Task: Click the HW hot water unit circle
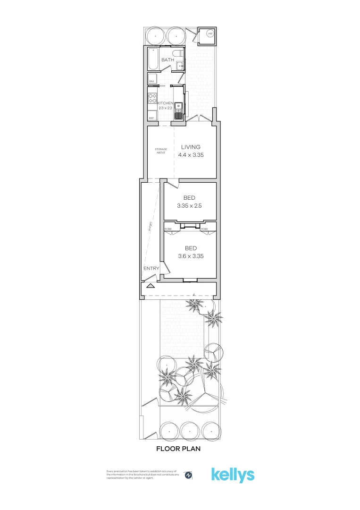click(210, 34)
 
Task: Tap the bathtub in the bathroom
click(154, 59)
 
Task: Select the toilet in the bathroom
click(176, 53)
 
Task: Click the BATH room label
click(167, 60)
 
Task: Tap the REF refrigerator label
click(151, 118)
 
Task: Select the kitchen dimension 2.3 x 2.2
click(166, 108)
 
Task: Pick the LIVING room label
click(191, 147)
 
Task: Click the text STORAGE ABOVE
click(161, 151)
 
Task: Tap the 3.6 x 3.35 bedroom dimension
click(191, 256)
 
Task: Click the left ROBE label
click(168, 229)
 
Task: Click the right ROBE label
click(204, 229)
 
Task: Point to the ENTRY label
click(151, 269)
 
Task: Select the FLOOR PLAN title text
click(178, 449)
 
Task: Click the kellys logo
click(233, 475)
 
